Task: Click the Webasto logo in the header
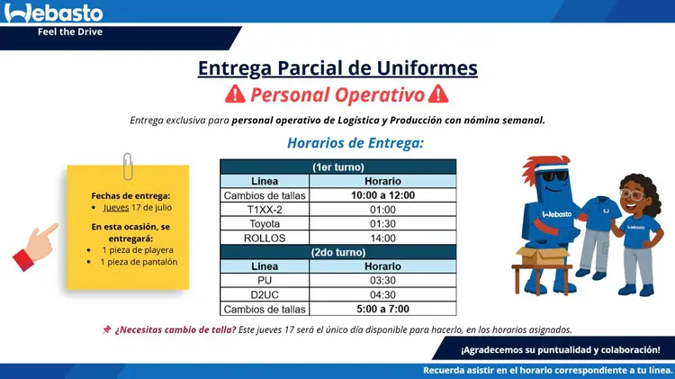pyautogui.click(x=53, y=13)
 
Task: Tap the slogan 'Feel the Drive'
pyautogui.click(x=70, y=32)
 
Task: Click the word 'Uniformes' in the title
pyautogui.click(x=427, y=68)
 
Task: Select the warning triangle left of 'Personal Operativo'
pyautogui.click(x=235, y=94)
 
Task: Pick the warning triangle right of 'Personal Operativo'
pyautogui.click(x=438, y=94)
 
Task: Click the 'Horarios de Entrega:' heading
pyautogui.click(x=355, y=143)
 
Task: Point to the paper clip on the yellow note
pyautogui.click(x=128, y=167)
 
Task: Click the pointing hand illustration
pyautogui.click(x=35, y=247)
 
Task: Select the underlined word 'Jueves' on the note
pyautogui.click(x=116, y=208)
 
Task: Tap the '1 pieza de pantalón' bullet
pyautogui.click(x=139, y=262)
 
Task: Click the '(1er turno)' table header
pyautogui.click(x=338, y=167)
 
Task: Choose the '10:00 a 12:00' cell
pyautogui.click(x=382, y=195)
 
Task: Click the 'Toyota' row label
pyautogui.click(x=265, y=224)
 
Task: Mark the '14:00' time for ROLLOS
pyautogui.click(x=382, y=239)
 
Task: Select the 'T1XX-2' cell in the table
pyautogui.click(x=265, y=210)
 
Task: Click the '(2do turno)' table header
pyautogui.click(x=338, y=252)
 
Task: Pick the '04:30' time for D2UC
pyautogui.click(x=382, y=295)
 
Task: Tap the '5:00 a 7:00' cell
pyautogui.click(x=382, y=309)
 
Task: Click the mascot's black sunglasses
pyautogui.click(x=554, y=176)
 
